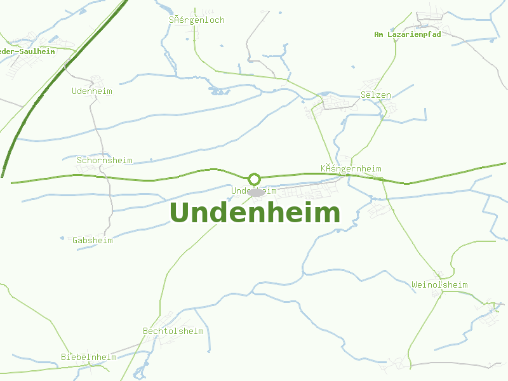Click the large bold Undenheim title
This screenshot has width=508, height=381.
coord(255,213)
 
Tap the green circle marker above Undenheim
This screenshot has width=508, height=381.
coord(255,179)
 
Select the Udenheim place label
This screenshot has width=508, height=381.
coord(92,91)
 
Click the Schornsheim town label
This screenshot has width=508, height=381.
coord(105,161)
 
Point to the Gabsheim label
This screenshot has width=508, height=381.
coord(93,241)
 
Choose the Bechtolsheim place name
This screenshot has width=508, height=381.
coord(173,331)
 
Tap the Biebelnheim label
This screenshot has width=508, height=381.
coord(89,358)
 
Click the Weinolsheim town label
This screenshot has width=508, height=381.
coord(439,285)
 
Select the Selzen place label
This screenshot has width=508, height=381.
coord(376,95)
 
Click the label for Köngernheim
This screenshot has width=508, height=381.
coord(351,169)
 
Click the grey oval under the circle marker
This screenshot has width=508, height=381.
coord(256,192)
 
